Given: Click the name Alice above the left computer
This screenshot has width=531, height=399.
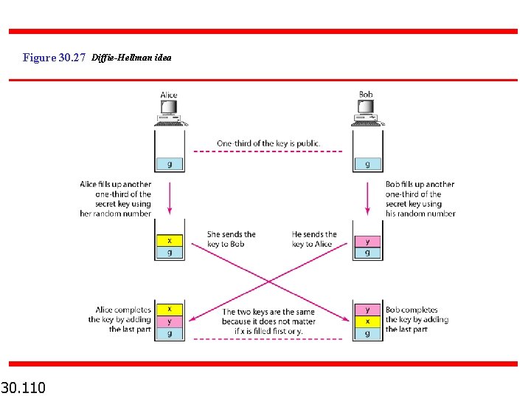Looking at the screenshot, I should pyautogui.click(x=169, y=95).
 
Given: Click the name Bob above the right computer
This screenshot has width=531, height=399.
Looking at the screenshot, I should pyautogui.click(x=366, y=95).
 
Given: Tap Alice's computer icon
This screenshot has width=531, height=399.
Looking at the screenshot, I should pyautogui.click(x=170, y=111).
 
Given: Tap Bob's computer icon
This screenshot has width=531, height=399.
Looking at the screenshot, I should pyautogui.click(x=366, y=111).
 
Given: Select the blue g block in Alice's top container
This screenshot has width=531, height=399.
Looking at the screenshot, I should pyautogui.click(x=170, y=164).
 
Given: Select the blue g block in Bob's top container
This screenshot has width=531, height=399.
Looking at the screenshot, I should pyautogui.click(x=367, y=164).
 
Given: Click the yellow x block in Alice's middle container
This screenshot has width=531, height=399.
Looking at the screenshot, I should pyautogui.click(x=170, y=240).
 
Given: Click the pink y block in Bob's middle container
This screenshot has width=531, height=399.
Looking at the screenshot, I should pyautogui.click(x=367, y=240).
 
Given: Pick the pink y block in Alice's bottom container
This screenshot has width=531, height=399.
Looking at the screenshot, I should pyautogui.click(x=170, y=321).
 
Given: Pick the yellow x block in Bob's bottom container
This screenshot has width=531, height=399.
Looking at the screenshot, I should pyautogui.click(x=367, y=321).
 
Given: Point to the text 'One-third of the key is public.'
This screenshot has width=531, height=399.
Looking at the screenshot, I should pyautogui.click(x=268, y=143).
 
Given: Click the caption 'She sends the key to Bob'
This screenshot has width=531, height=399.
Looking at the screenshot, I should pyautogui.click(x=231, y=239).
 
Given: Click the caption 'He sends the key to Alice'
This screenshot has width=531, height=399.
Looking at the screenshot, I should pyautogui.click(x=313, y=239).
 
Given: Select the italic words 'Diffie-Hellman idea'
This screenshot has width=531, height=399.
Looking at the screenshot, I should pyautogui.click(x=132, y=57).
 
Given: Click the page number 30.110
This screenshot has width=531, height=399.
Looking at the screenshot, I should pyautogui.click(x=23, y=386).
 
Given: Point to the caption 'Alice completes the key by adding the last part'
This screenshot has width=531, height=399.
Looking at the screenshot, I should pyautogui.click(x=122, y=319).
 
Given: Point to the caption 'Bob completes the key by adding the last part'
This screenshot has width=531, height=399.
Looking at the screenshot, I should pyautogui.click(x=417, y=319).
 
